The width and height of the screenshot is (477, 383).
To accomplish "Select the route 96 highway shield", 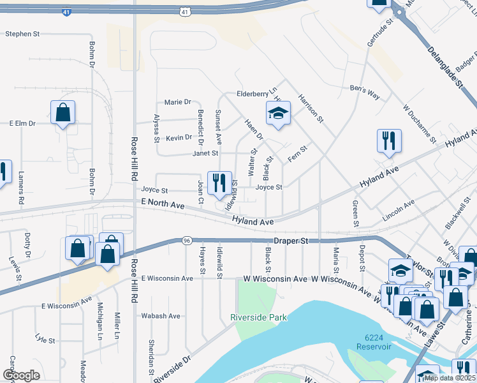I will [x=186, y=241].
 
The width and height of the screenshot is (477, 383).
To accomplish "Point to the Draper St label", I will [x=291, y=241].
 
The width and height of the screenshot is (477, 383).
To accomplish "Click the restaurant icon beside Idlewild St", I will [x=219, y=183].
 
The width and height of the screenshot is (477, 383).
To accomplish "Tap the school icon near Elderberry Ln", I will [x=278, y=113].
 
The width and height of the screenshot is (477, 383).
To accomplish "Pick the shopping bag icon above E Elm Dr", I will [x=63, y=113].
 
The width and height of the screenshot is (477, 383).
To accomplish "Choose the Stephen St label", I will [x=23, y=34].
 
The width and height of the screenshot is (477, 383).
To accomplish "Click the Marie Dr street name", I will [x=178, y=102].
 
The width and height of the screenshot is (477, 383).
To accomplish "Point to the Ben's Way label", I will [x=364, y=91].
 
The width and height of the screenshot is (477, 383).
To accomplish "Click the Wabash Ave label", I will [x=161, y=315].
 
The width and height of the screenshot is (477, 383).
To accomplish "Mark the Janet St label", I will [x=206, y=153].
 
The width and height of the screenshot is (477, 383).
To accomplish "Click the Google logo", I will [x=21, y=375].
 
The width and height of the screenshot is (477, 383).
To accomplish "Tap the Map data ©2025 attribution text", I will [x=449, y=378].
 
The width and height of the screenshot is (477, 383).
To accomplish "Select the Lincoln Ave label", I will [x=399, y=210].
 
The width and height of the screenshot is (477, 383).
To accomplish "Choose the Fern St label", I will [x=298, y=154].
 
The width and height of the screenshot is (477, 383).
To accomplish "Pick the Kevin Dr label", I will [x=179, y=137].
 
